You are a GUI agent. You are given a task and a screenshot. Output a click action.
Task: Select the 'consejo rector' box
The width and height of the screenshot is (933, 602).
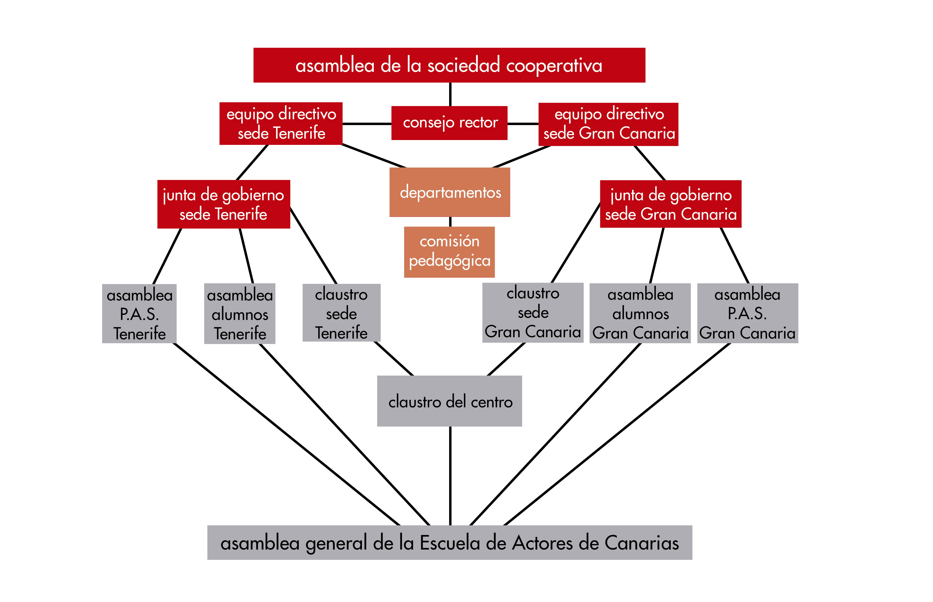pos(449,123)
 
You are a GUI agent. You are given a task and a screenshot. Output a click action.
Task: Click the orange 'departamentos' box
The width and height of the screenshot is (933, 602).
pos(450,192)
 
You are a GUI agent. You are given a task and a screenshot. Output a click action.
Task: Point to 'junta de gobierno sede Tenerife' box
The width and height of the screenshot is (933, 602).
pos(224,204)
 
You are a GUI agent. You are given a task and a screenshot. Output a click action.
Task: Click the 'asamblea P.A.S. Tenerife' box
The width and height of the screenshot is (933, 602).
pos(139,314)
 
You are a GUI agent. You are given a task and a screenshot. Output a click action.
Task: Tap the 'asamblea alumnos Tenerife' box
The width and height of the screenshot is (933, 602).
pos(240,314)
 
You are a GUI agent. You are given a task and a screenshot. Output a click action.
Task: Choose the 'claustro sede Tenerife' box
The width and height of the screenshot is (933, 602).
pos(341,313)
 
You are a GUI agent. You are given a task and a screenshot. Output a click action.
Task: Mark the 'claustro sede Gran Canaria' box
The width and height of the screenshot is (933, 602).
pos(533,313)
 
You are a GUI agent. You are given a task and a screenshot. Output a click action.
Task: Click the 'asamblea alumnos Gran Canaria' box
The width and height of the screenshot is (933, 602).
pos(640,313)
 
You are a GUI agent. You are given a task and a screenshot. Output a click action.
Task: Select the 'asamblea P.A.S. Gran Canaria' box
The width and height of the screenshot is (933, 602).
pos(748,313)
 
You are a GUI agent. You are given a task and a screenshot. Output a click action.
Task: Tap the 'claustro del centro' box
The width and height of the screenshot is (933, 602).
pos(449,401)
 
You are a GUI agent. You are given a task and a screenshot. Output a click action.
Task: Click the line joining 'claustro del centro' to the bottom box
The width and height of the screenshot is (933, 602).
pos(451,476)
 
